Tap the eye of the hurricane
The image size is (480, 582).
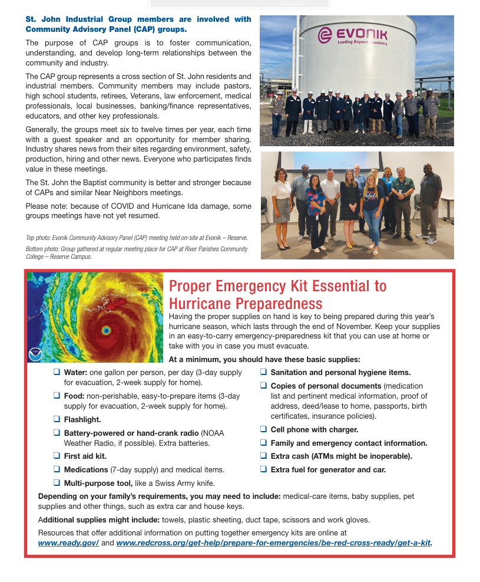106,330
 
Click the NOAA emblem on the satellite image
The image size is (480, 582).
35,354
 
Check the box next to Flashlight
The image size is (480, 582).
57,419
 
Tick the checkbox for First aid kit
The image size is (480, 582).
57,456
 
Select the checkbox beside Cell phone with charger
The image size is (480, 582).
264,429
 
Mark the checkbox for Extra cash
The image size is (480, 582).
264,456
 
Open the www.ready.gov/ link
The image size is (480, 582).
68,542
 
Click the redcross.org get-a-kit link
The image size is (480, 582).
273,542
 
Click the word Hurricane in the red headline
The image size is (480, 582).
200,304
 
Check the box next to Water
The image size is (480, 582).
57,372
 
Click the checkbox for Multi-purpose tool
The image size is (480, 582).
57,482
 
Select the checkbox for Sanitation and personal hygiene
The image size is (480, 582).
264,372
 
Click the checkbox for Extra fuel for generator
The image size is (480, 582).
264,469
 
